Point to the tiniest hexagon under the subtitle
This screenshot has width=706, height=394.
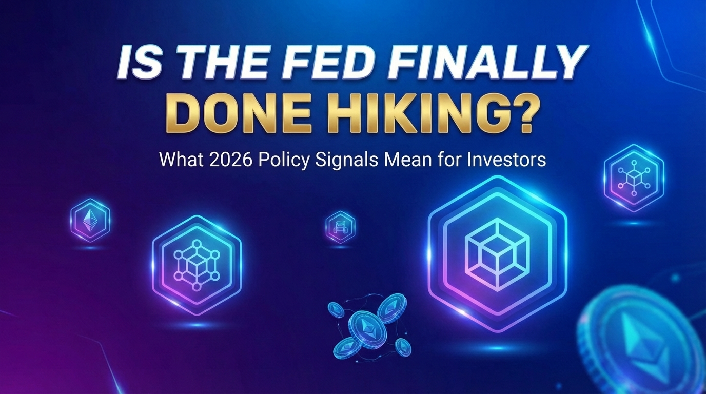pos(340,226)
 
